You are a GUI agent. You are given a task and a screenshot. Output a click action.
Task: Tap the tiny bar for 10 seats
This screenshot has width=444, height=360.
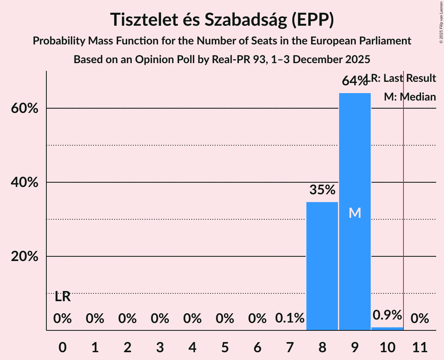387,328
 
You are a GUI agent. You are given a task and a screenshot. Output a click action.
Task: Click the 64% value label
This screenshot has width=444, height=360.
355,81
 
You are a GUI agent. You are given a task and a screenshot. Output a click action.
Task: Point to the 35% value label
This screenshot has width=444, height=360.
322,190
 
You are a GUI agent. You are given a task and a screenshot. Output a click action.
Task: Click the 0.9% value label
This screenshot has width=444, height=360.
387,315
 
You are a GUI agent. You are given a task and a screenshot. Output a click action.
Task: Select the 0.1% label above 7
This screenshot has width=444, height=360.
290,318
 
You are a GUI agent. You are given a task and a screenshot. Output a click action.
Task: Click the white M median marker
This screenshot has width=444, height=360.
355,213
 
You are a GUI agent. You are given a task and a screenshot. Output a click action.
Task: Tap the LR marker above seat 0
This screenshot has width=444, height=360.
62,297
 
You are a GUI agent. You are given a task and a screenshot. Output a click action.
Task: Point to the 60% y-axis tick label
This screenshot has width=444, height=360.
25,108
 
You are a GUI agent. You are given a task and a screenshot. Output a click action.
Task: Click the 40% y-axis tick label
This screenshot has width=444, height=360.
25,182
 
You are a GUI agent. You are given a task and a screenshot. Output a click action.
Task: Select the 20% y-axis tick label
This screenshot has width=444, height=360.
25,257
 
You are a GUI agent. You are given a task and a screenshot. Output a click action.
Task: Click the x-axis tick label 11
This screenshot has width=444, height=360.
420,346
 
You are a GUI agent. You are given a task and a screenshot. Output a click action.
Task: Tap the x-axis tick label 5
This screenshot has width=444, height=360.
225,346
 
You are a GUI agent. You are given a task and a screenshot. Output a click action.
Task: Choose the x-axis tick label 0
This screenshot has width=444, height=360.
62,346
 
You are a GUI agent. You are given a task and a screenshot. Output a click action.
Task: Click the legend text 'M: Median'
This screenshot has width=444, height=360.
410,97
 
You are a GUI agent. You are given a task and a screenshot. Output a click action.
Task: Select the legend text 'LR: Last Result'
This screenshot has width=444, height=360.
403,78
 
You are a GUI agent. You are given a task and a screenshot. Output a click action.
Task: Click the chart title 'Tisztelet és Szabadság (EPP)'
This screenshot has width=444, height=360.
222,19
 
